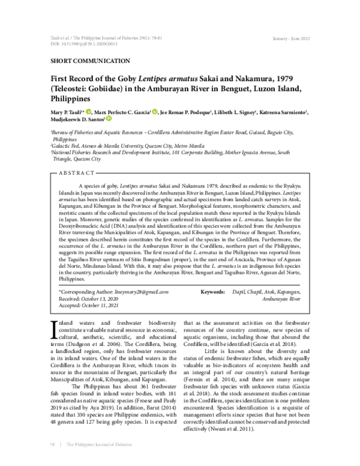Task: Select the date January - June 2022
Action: [x=292, y=37]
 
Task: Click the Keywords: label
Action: [x=212, y=291]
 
